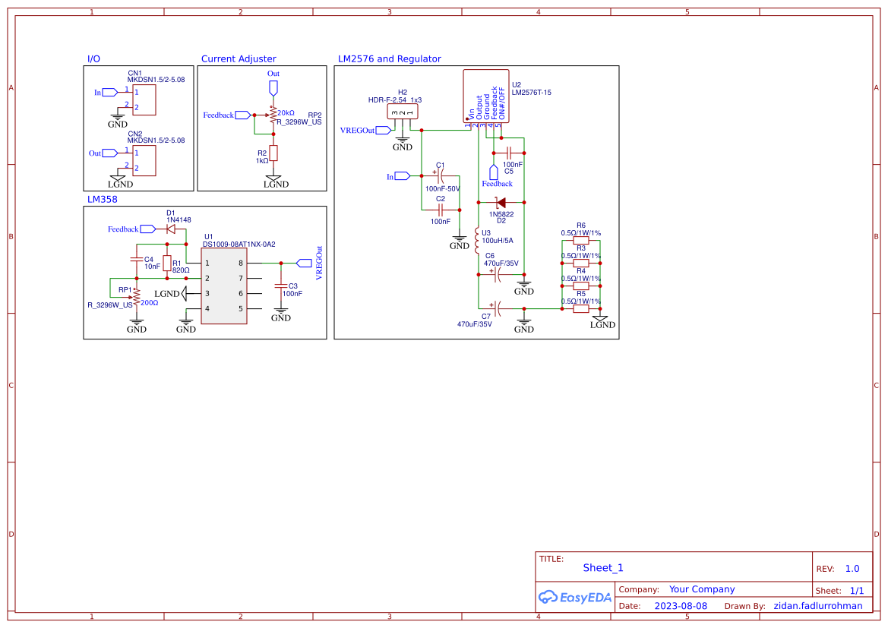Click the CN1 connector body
[144, 99]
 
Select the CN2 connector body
[144, 160]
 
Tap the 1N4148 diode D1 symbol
[171, 229]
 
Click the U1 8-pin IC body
[224, 286]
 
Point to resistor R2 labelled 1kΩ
[273, 153]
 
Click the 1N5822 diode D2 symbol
[501, 203]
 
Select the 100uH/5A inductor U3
[477, 241]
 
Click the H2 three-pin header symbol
[403, 112]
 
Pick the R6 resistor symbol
[581, 240]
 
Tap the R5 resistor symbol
[581, 308]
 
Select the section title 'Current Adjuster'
[239, 58]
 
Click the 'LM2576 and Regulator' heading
[389, 58]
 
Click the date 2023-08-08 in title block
[681, 606]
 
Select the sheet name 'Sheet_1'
[603, 567]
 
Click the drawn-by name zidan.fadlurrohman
[817, 606]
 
